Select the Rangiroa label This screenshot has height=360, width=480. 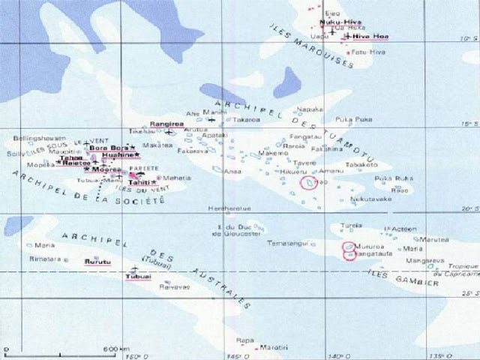[x=163, y=123]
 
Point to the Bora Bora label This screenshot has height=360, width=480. [x=106, y=148]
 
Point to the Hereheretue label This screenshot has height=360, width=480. [x=229, y=208]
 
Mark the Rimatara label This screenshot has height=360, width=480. [x=44, y=260]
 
